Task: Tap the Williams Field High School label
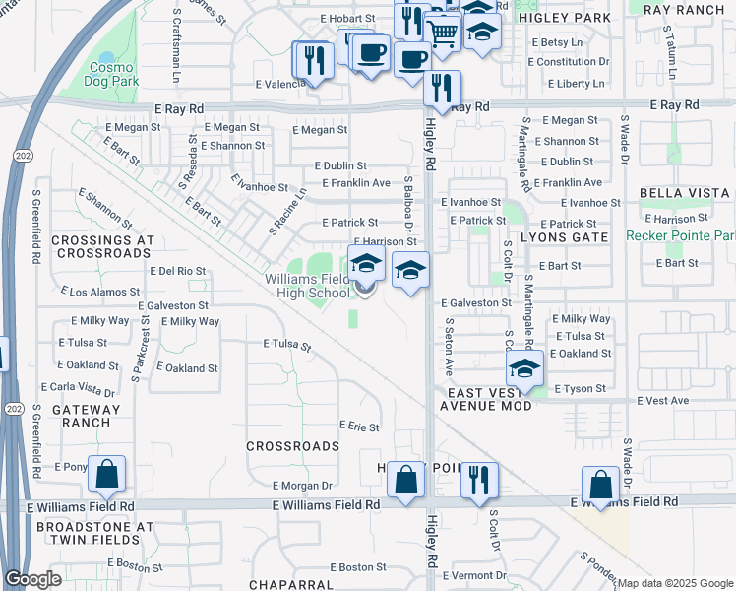pyautogui.click(x=307, y=286)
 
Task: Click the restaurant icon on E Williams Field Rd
pyautogui.click(x=479, y=480)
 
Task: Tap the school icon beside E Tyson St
pyautogui.click(x=525, y=369)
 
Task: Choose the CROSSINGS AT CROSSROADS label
pyautogui.click(x=101, y=246)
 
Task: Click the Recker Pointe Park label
pyautogui.click(x=681, y=236)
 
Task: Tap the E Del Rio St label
pyautogui.click(x=177, y=270)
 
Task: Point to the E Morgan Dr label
pyautogui.click(x=302, y=485)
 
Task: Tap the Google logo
pyautogui.click(x=32, y=579)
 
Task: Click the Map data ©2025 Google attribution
pyautogui.click(x=674, y=583)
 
